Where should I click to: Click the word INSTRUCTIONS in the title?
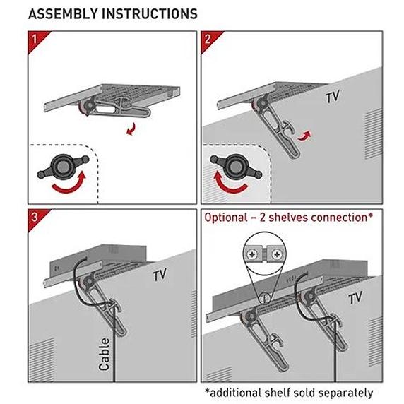click(x=150, y=13)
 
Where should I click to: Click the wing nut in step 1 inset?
click(x=63, y=167)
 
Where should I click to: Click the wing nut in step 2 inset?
click(x=236, y=167)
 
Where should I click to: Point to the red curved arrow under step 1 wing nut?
click(x=69, y=185)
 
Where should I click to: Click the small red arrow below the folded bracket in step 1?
click(x=131, y=129)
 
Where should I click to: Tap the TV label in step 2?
click(x=333, y=97)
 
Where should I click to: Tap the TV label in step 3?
click(x=160, y=275)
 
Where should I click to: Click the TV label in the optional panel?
click(x=355, y=298)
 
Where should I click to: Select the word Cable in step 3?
click(x=105, y=355)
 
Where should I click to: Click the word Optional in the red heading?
click(x=226, y=218)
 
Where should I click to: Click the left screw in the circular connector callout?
click(x=252, y=255)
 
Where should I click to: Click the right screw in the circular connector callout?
click(x=276, y=255)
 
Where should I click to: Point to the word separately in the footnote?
click(x=345, y=393)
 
